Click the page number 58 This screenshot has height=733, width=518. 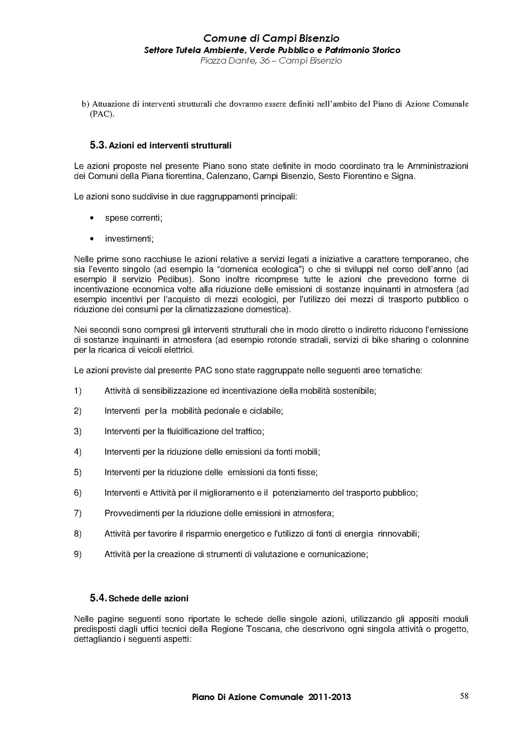(464, 696)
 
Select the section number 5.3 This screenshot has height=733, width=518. (98, 146)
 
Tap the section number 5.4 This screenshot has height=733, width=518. (98, 598)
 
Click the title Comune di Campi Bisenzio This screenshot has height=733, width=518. (271, 38)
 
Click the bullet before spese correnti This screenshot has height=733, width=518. (92, 218)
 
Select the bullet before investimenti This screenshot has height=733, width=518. (92, 239)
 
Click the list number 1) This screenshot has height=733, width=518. (78, 391)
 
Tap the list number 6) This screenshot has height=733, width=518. (78, 493)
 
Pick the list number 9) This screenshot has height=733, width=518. (78, 554)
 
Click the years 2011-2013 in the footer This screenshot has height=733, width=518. (330, 697)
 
